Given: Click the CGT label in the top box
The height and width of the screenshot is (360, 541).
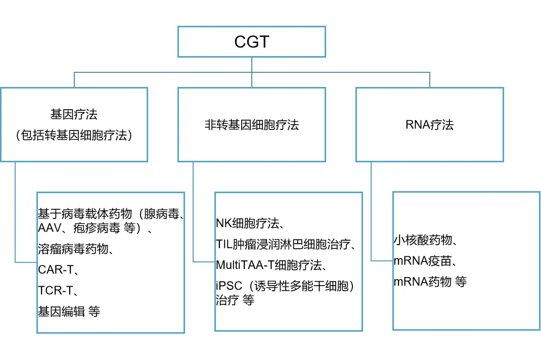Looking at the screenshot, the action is point(251,42).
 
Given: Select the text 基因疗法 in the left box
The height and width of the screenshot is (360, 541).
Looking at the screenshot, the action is point(74,114).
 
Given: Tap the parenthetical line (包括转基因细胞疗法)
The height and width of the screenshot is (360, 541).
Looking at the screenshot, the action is point(74,135).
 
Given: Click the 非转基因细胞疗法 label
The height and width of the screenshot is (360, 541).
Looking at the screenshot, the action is point(251,124).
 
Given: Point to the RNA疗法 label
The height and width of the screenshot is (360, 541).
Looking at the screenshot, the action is point(429,124).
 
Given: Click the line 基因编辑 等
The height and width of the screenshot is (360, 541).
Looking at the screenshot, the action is point(69,311).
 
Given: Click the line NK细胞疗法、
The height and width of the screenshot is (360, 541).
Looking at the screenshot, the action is point(250,223).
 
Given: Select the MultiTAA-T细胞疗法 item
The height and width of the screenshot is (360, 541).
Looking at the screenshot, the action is point(269,265).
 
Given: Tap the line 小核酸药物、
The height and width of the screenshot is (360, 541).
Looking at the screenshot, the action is point(426,240).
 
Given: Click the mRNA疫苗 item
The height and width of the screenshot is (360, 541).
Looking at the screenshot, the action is point(423,261).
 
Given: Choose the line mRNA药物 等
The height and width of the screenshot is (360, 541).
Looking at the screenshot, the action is point(430,282).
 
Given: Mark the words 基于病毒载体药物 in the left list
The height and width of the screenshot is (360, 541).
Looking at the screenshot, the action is point(85,214).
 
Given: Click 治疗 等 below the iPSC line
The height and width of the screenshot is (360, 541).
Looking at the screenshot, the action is point(235,300).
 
